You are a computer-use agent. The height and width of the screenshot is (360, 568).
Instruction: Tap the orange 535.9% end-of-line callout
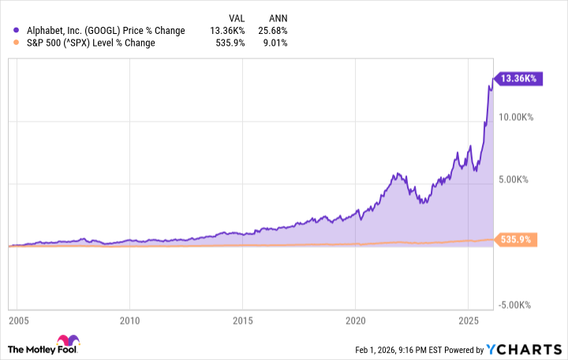click(518, 239)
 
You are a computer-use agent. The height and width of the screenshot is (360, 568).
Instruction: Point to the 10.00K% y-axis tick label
click(515, 117)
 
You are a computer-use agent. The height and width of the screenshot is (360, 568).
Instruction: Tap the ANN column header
click(277, 17)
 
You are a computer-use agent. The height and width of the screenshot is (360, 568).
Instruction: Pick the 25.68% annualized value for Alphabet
click(273, 31)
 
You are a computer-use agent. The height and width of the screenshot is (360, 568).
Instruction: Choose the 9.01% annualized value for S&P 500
click(275, 43)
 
